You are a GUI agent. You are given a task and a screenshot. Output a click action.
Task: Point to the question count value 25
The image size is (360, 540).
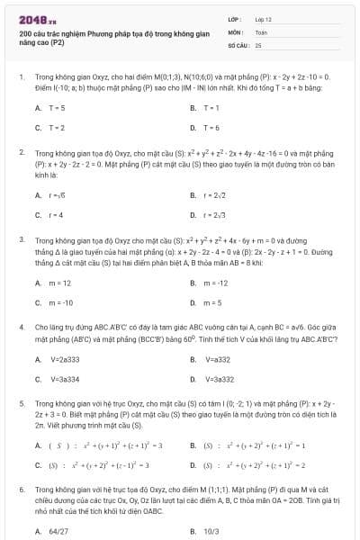258,44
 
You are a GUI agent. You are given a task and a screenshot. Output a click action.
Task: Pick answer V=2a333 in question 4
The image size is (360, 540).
64,359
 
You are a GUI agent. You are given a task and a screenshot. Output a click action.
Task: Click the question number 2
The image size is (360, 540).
21,152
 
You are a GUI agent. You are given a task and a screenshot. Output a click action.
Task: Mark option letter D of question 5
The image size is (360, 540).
193,465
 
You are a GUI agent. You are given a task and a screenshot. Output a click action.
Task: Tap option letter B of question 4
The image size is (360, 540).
193,359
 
